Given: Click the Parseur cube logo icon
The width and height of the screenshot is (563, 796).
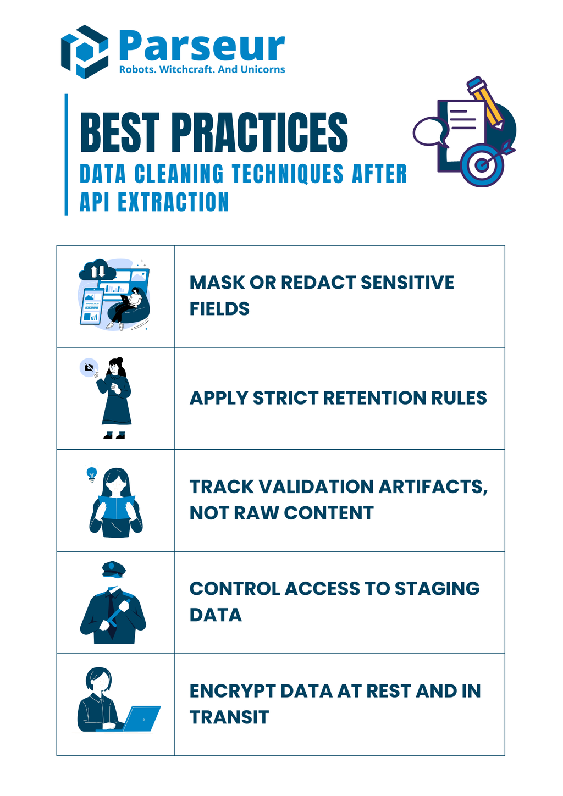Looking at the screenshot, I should tap(84, 52).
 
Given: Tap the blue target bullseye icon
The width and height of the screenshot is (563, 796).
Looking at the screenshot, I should tap(482, 164).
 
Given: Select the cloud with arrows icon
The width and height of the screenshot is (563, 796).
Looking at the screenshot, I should tap(97, 271).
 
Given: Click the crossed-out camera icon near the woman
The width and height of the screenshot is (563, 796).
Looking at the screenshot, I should tap(89, 367).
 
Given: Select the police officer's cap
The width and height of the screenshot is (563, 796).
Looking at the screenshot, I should tap(114, 569).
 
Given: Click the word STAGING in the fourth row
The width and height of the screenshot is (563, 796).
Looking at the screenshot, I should tap(437, 589).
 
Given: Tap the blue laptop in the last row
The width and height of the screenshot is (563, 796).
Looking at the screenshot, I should tap(142, 718).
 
